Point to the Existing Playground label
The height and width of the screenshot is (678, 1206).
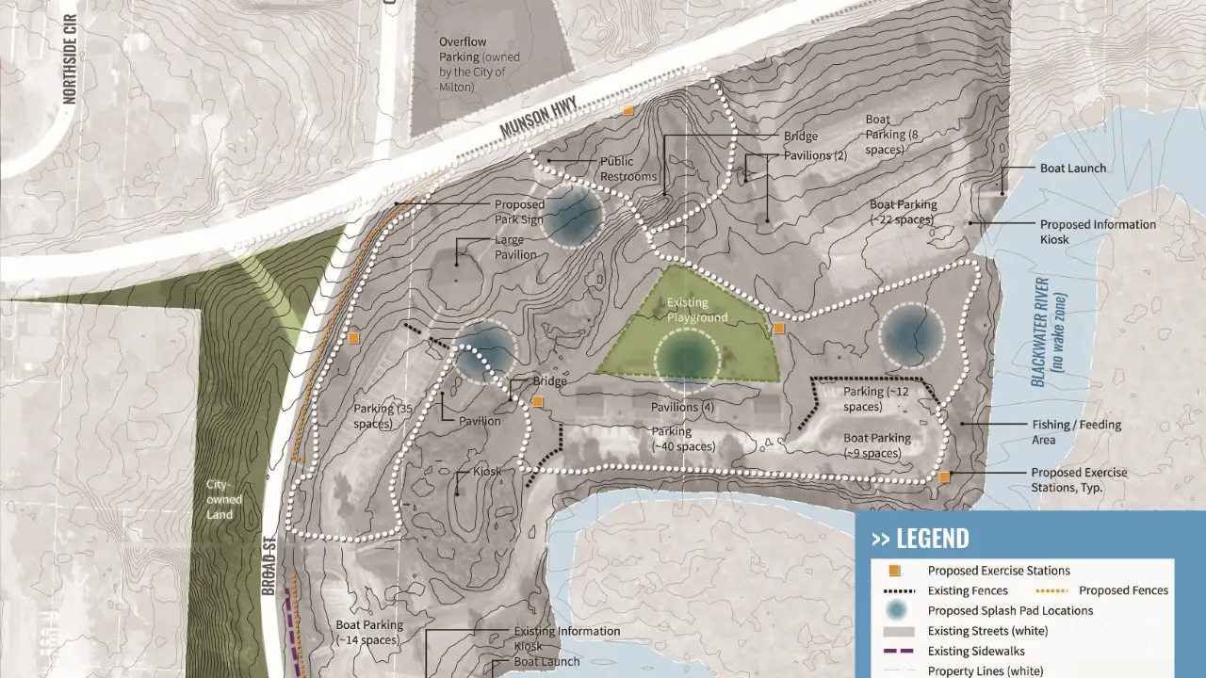coord(697,310)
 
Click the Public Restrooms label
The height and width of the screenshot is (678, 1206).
coord(628,169)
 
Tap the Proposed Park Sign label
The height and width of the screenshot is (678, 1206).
coord(519,211)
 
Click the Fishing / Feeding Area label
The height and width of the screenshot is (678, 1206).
coord(1076,431)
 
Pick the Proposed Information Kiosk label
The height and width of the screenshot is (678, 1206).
coord(1098,232)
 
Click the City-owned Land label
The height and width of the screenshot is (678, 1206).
coord(224,499)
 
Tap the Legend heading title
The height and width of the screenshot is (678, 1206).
coord(920,539)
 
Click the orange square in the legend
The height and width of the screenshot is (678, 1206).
coord(897,571)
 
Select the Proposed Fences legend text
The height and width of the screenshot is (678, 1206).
coord(1123,590)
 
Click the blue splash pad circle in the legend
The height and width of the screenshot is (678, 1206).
coord(897,610)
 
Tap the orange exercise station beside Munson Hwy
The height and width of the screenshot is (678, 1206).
coord(628,111)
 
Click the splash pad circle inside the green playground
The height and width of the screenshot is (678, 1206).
coord(687,359)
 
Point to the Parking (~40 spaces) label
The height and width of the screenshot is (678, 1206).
coord(683,439)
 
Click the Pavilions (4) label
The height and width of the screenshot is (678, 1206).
coord(682,408)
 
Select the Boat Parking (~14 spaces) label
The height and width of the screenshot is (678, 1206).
coord(369,632)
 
